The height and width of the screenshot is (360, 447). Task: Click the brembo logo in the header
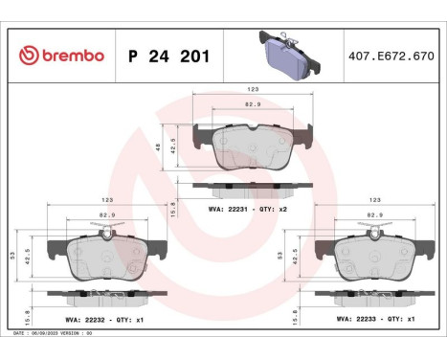coord(60,55)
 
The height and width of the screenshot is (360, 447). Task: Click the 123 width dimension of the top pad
coord(253,89)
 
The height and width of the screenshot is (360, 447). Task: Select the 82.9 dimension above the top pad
coord(253,103)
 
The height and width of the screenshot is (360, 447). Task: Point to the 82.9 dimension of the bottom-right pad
coord(376,214)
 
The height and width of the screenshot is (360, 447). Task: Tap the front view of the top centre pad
coord(252,146)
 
